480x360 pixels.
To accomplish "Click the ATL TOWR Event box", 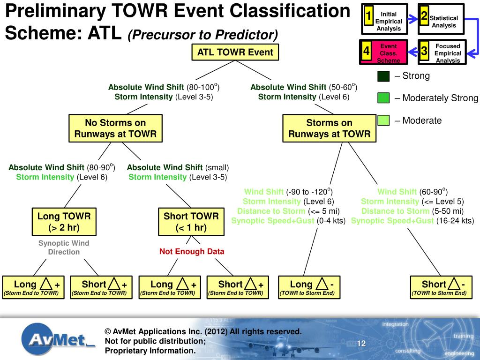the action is [x=235, y=52].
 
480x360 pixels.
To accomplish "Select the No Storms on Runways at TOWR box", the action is [x=115, y=128].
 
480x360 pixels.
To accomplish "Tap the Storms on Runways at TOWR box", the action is [x=329, y=128].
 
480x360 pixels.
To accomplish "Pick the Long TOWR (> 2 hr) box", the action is [x=64, y=222].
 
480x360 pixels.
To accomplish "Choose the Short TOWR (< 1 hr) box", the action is [x=191, y=222].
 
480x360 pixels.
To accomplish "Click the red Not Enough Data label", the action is [x=192, y=251].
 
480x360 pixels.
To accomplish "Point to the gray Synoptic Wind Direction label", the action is [x=64, y=247].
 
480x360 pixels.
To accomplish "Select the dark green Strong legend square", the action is [x=383, y=76].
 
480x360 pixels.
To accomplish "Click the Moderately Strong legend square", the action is [x=383, y=98].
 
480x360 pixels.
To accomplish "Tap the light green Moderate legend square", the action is [x=383, y=120].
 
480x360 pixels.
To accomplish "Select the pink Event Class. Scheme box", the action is [x=383, y=52].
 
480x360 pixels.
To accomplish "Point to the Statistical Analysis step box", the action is [x=441, y=19].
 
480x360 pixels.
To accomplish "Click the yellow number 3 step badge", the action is [x=424, y=50].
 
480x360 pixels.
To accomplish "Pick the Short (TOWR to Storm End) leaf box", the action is [x=441, y=287].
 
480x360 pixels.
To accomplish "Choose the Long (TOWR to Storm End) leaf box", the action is [x=309, y=287].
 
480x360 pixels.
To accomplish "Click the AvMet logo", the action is [x=57, y=339].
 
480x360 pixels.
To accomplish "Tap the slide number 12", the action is [x=361, y=344].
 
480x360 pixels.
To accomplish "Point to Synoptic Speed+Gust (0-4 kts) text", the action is [x=288, y=221].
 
